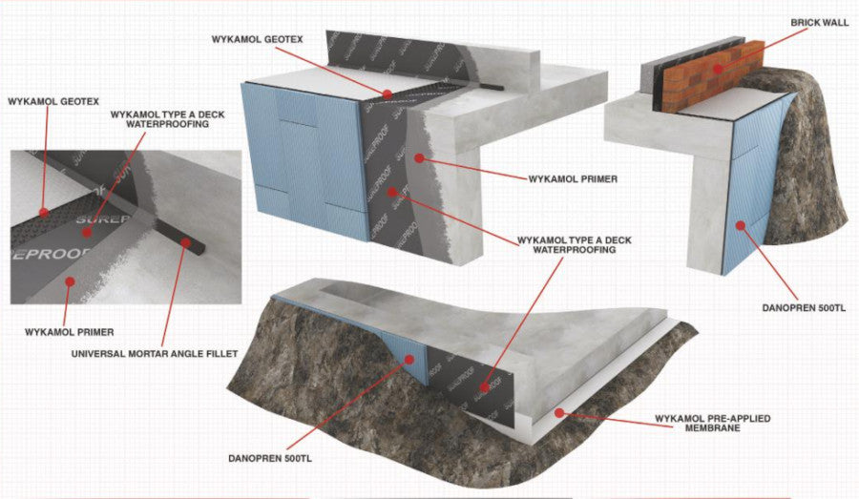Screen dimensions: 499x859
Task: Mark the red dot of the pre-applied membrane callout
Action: coord(561,412)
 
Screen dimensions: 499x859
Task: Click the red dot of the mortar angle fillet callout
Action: coord(182,242)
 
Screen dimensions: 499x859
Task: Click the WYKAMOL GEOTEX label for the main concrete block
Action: coord(257,39)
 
